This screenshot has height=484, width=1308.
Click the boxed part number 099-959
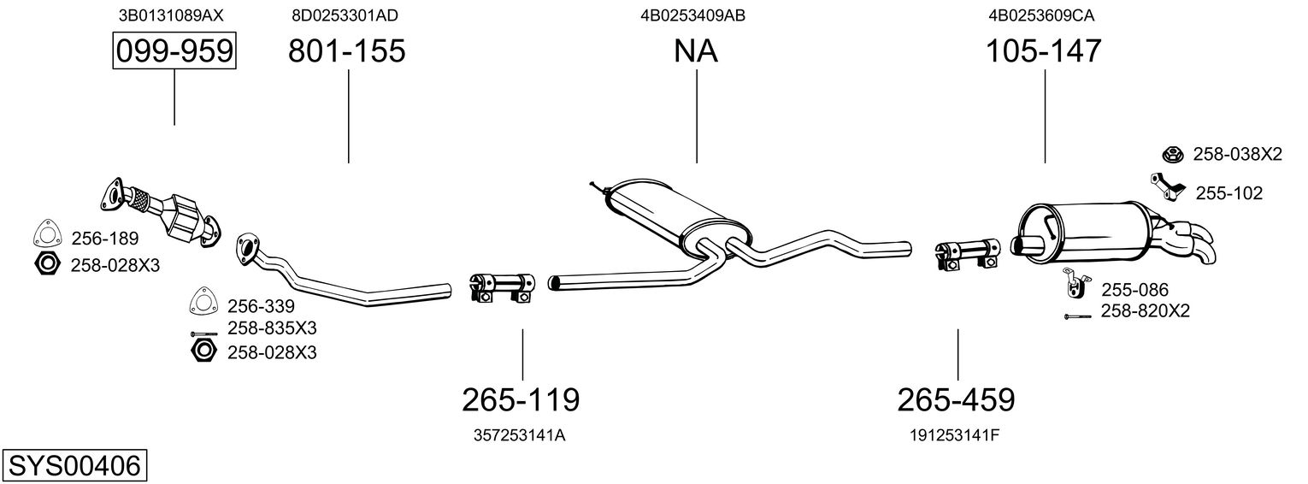pyautogui.click(x=174, y=50)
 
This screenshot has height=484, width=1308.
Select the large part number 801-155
pyautogui.click(x=347, y=50)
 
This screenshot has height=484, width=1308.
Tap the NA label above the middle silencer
pyautogui.click(x=695, y=50)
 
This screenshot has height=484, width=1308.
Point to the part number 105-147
pyautogui.click(x=1044, y=50)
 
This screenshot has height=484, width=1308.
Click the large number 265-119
pyautogui.click(x=521, y=400)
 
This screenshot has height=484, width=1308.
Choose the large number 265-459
pyautogui.click(x=957, y=400)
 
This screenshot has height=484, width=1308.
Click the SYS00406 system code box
pyautogui.click(x=74, y=466)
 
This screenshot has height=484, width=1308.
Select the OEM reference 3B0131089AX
pyautogui.click(x=171, y=15)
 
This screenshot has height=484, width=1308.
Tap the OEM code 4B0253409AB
pyautogui.click(x=693, y=15)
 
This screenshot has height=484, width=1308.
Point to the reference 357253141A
pyautogui.click(x=520, y=435)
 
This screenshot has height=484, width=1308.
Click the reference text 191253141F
pyautogui.click(x=955, y=435)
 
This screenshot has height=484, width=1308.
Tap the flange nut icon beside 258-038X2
pyautogui.click(x=1173, y=155)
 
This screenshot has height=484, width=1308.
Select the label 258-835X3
pyautogui.click(x=272, y=328)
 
